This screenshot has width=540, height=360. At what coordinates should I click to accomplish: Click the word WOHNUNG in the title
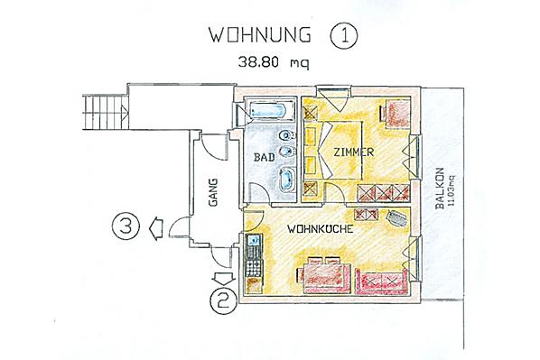coord(260,35)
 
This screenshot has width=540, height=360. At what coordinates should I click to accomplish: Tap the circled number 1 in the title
coord(344,35)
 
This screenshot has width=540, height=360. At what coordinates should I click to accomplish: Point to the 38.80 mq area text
coord(274,62)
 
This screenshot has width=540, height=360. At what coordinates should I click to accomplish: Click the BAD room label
coord(265,157)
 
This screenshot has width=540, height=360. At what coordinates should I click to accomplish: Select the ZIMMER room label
coord(353,152)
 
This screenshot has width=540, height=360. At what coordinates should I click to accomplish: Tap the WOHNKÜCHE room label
coord(321,229)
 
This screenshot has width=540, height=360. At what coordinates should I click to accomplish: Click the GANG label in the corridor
coord(213,192)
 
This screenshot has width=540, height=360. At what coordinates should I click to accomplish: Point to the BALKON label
coord(440,189)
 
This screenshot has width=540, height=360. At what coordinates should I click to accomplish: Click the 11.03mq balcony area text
coord(452,190)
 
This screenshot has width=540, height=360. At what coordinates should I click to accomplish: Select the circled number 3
coord(126,227)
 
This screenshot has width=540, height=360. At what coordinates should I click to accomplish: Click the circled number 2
coord(224,301)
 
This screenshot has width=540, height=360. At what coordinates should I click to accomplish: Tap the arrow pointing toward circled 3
coord(156,228)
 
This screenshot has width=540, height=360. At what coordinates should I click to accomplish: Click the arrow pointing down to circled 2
coord(224,278)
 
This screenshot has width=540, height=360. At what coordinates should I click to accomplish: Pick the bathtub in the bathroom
coord(268,110)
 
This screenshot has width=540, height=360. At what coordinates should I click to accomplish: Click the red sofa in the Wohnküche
coord(382,282)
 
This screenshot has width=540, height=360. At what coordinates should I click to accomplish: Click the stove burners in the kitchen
coord(254,268)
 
